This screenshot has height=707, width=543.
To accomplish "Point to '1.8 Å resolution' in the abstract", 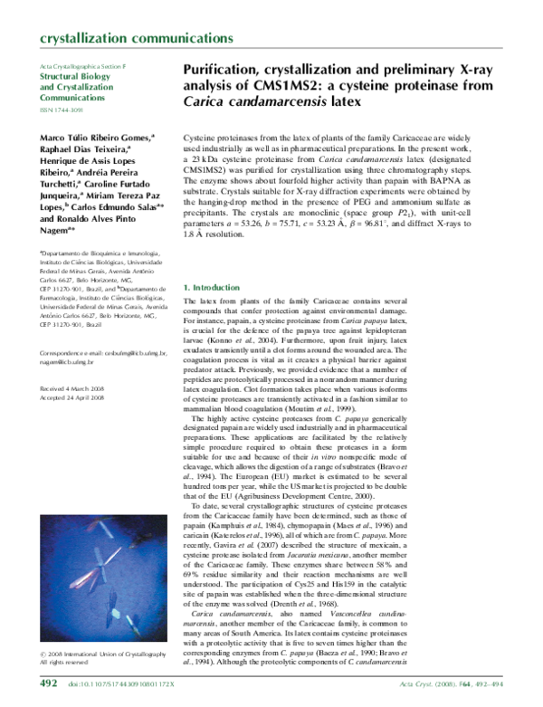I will tap(219, 260).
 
